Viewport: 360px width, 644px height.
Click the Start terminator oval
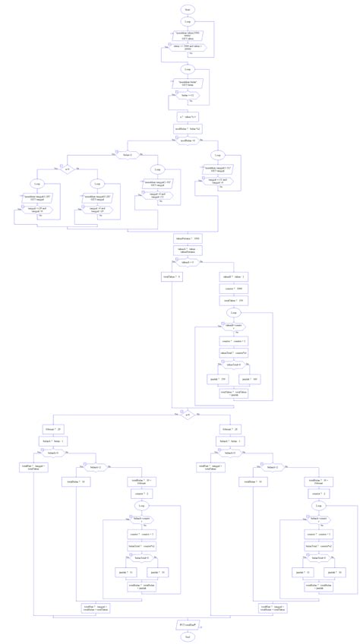(188, 8)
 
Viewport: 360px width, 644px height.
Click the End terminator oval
(187, 636)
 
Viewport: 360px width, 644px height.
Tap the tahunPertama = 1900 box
(188, 238)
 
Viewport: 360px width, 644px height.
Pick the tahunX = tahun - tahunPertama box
(188, 249)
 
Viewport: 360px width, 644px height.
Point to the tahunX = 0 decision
(188, 262)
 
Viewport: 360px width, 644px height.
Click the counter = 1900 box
(234, 289)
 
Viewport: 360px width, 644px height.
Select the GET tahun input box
(188, 36)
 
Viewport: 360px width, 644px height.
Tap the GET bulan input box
(188, 82)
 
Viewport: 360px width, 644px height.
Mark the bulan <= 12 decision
(188, 96)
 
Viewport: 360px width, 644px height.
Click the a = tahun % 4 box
(188, 118)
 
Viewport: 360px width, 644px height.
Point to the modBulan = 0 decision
(188, 140)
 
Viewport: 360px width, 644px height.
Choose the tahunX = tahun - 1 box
(234, 277)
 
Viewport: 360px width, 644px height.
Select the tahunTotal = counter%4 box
(234, 353)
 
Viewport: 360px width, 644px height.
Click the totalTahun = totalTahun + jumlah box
(234, 393)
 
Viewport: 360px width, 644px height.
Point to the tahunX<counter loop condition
(234, 327)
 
